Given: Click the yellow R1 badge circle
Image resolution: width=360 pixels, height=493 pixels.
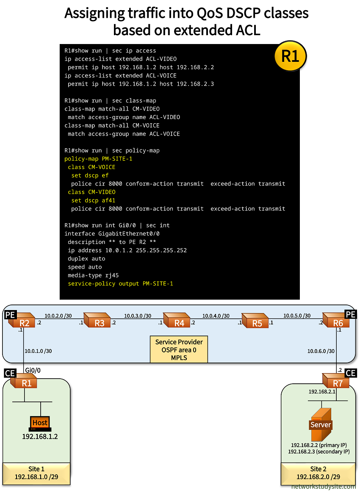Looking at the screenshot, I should click(290, 56).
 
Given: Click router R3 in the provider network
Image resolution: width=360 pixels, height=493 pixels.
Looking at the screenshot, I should click(97, 321).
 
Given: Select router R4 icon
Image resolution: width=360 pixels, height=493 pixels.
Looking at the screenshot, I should click(177, 321).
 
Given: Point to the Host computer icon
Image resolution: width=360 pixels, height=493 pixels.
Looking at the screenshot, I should click(40, 423).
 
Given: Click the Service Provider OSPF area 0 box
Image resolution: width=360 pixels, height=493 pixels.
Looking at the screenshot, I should click(179, 349).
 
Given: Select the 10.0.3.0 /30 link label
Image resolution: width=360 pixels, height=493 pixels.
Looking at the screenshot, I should click(138, 316).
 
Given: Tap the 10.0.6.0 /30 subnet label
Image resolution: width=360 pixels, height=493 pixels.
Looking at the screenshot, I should click(321, 351).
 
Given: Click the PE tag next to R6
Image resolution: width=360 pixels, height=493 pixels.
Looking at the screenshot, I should click(350, 314).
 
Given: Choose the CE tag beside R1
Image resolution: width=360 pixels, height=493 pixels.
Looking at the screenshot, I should click(10, 373).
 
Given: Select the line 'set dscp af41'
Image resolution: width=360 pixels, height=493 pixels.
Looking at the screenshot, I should click(93, 200).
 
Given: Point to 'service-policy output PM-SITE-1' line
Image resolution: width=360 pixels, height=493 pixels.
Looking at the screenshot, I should click(120, 283).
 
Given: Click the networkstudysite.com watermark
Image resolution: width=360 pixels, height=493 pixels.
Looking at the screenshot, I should click(324, 487).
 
